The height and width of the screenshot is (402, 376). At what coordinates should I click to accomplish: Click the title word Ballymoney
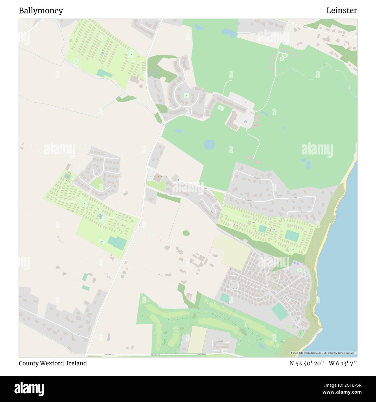click(41, 11)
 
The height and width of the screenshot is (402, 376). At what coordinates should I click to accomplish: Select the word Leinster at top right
click(342, 10)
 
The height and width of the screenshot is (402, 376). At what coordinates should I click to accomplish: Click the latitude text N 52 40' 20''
click(307, 363)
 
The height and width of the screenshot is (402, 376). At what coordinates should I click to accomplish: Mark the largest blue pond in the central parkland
click(209, 144)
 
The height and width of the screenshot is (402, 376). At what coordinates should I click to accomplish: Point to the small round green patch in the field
click(186, 233)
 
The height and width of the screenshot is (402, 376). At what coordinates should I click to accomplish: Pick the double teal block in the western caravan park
click(117, 243)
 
